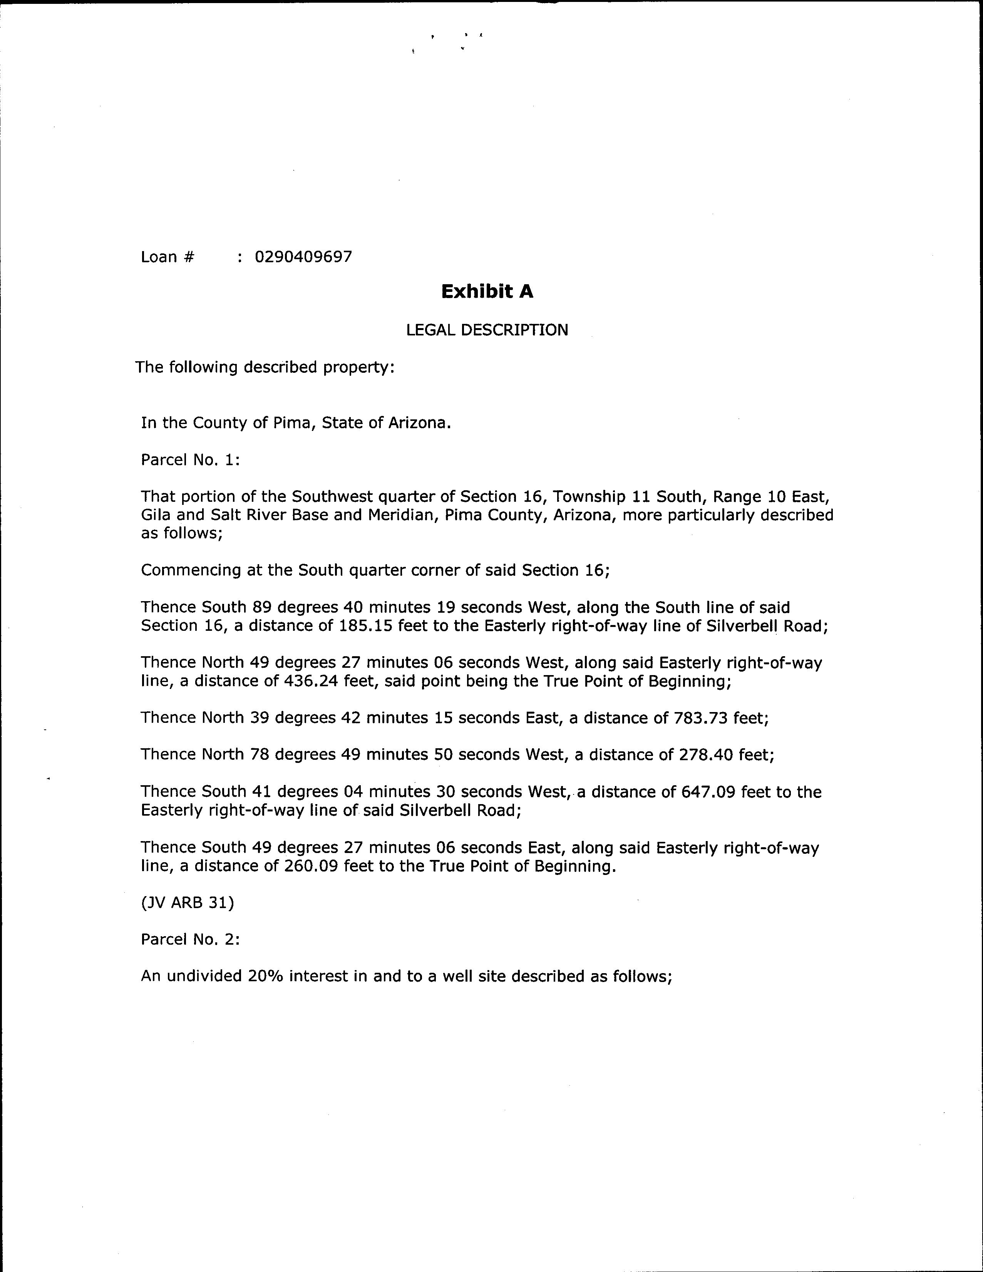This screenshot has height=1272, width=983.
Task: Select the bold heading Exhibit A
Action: tap(487, 291)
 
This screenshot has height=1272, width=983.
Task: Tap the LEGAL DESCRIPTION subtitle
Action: tap(487, 330)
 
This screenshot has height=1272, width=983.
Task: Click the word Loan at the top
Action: tap(159, 257)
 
